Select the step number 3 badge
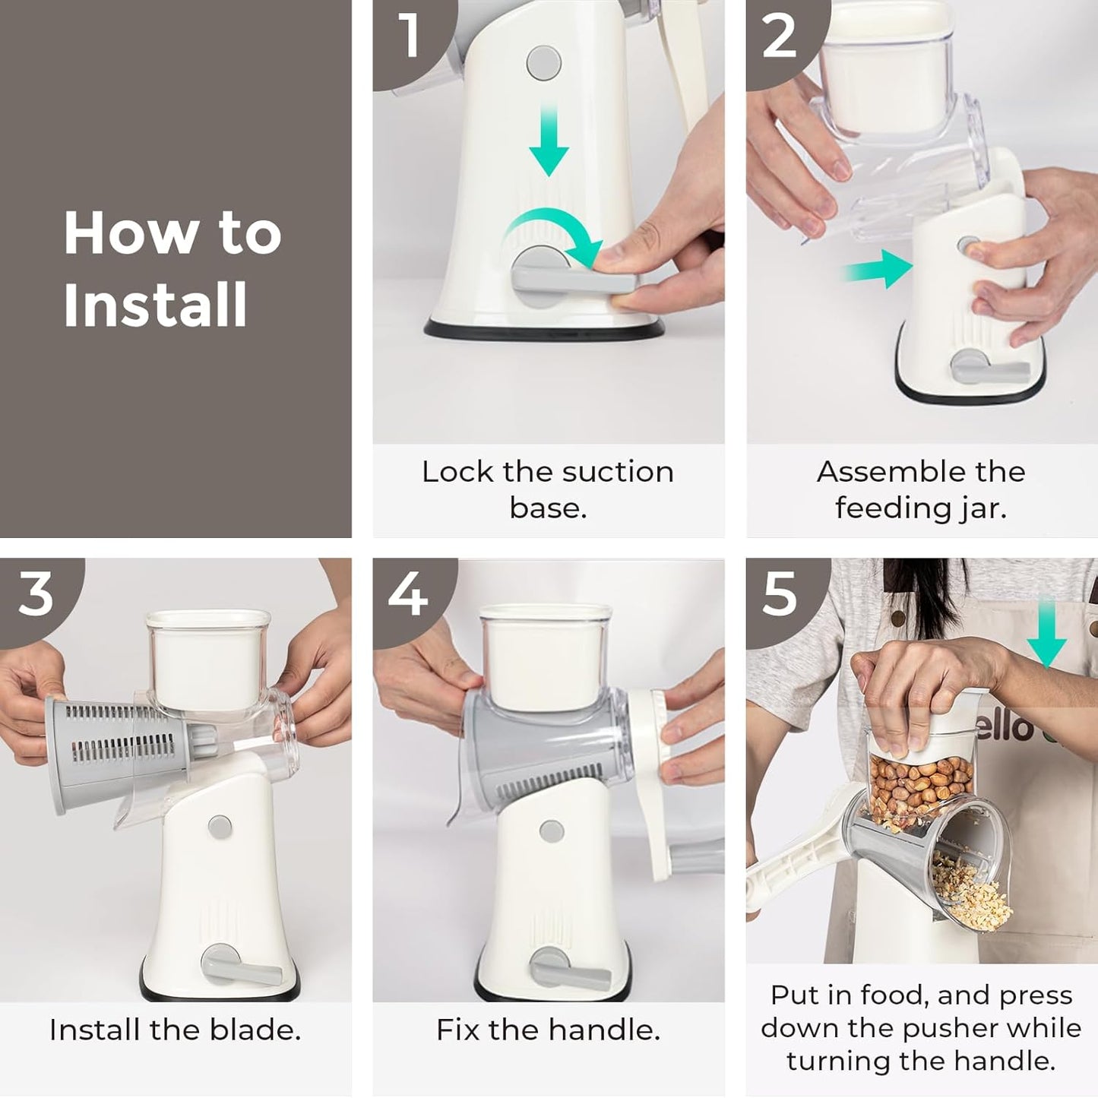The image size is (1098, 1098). (36, 594)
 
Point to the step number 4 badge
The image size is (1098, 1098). (408, 594)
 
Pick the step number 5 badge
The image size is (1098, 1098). (780, 594)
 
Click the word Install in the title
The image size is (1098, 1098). (156, 305)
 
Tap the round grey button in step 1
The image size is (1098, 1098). (543, 63)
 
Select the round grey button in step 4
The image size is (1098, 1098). (552, 831)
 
